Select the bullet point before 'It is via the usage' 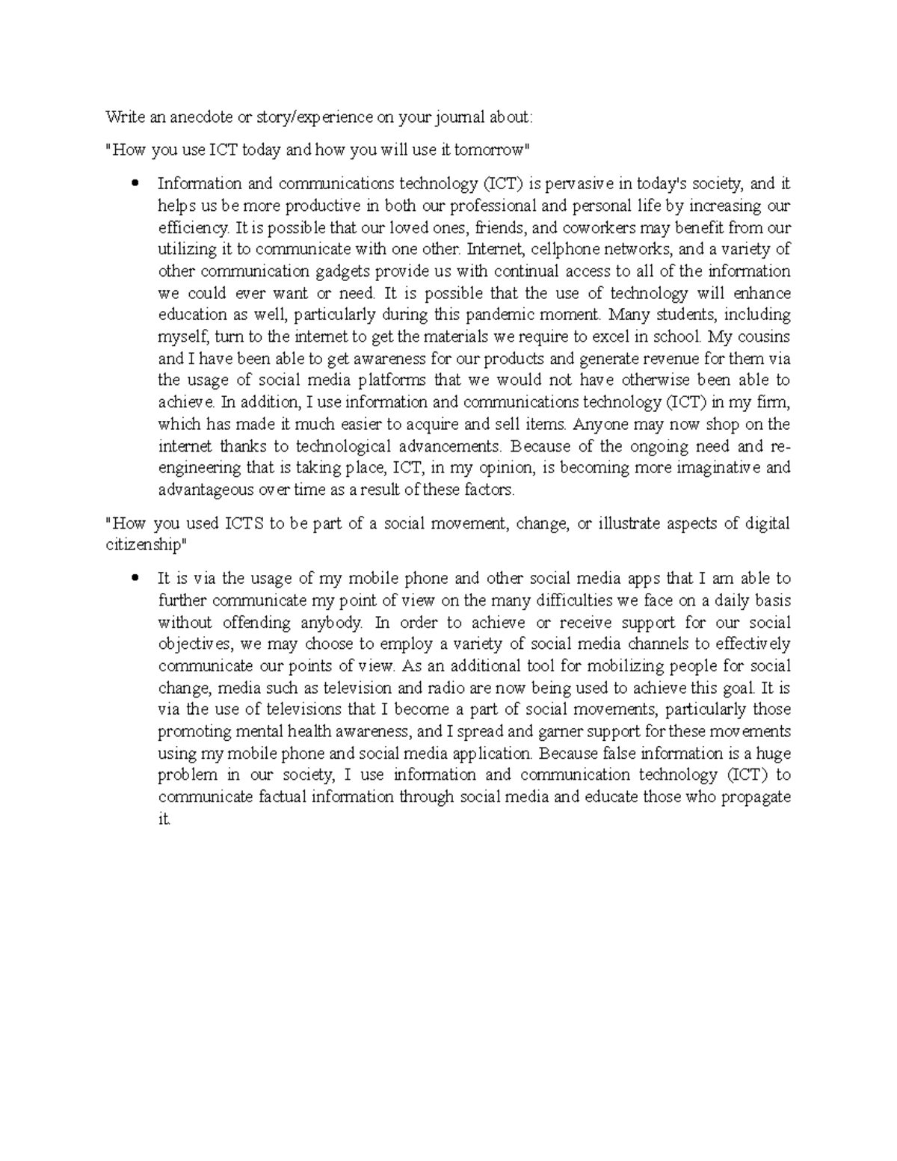(x=135, y=579)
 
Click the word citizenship (x=141, y=546)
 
